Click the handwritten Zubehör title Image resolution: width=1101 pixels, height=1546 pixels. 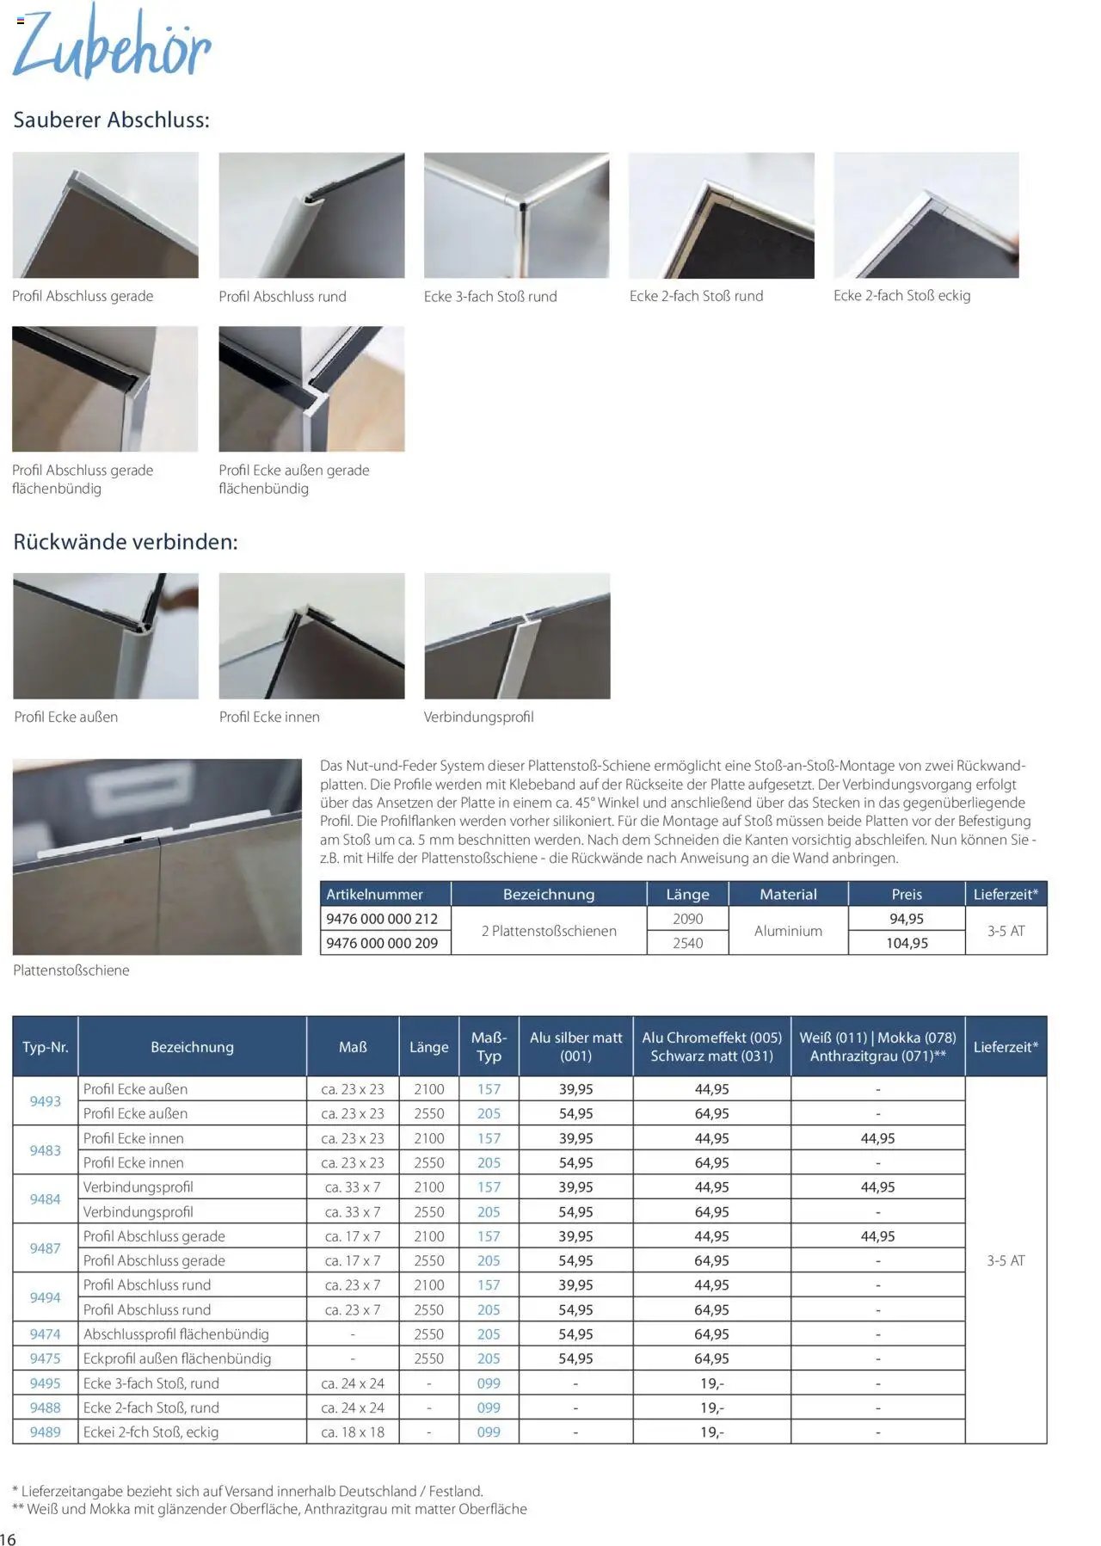[112, 43]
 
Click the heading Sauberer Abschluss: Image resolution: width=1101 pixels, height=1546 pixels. [111, 120]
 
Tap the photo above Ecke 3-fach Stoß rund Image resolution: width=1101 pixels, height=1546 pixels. [516, 215]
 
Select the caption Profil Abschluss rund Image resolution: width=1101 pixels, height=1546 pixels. [282, 297]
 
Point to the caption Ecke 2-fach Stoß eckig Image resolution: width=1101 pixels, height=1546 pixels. [901, 296]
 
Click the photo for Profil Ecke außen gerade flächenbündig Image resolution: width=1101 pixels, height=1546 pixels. [311, 389]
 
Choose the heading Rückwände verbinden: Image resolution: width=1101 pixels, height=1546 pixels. [125, 542]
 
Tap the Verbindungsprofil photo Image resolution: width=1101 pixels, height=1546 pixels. [517, 636]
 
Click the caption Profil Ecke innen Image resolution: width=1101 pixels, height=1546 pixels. [269, 718]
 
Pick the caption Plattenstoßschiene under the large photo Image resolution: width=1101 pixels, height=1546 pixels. [71, 970]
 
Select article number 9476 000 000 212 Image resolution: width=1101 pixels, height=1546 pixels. [382, 919]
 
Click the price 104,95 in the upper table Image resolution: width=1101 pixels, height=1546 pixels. [907, 943]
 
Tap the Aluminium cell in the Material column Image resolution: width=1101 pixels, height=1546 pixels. [788, 931]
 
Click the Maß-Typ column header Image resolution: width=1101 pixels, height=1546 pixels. [489, 1047]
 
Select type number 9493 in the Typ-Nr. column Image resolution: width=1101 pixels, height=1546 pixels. [46, 1101]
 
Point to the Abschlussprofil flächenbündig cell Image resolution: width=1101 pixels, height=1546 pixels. [176, 1334]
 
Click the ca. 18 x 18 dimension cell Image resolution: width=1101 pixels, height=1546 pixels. [353, 1432]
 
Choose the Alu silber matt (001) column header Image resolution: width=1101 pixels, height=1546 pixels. [575, 1047]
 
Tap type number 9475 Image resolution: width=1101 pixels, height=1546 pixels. [46, 1358]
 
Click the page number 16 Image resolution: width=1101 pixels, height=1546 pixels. [9, 1539]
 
